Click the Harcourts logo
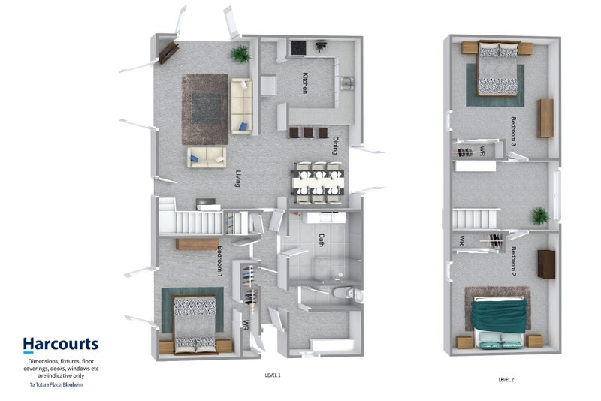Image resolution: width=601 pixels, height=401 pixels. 60,345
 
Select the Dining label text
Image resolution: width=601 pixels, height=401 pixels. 335,145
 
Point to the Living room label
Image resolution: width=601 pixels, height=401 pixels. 237,179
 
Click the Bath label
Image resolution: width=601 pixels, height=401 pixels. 321,241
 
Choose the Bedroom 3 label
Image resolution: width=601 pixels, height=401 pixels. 514,131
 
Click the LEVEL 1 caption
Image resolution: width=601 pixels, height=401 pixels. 273,375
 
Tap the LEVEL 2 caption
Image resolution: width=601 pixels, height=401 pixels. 506,380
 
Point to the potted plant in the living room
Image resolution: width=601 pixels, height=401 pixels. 241,53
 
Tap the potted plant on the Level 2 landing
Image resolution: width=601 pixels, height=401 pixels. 539,216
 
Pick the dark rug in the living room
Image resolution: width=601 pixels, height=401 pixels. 205,109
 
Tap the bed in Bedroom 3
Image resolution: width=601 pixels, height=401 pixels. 498,70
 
